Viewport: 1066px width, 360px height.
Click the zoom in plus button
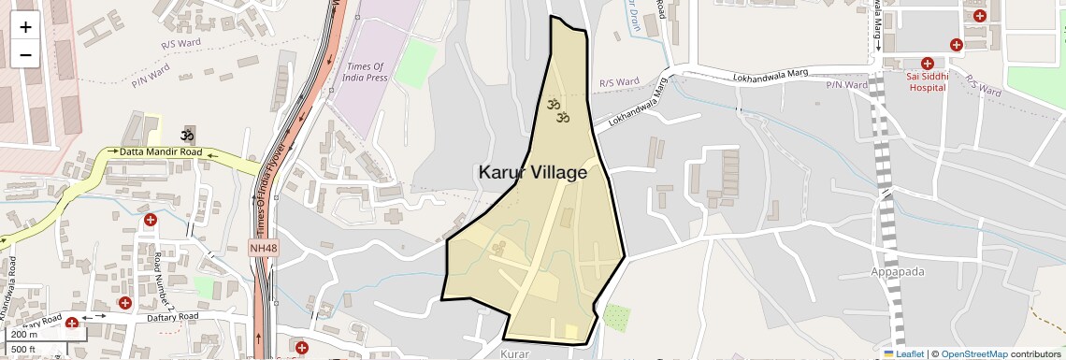point(25,27)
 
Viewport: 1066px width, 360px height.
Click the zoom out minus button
point(25,54)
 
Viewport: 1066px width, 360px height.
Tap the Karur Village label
point(532,173)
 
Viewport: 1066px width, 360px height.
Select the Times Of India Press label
point(367,72)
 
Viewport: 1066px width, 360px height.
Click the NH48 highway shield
point(264,248)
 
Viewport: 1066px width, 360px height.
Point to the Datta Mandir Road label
point(161,151)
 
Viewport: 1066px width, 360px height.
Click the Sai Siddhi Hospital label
point(927,81)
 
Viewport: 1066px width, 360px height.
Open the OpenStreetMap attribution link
point(973,353)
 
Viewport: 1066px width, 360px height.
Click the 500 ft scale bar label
point(24,350)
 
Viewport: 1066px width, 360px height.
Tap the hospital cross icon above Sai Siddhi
point(927,63)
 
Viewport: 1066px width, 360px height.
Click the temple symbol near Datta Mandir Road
point(188,135)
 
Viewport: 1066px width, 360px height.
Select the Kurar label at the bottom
point(515,353)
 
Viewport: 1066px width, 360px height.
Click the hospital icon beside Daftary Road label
point(72,324)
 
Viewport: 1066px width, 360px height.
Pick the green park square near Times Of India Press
point(415,64)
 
